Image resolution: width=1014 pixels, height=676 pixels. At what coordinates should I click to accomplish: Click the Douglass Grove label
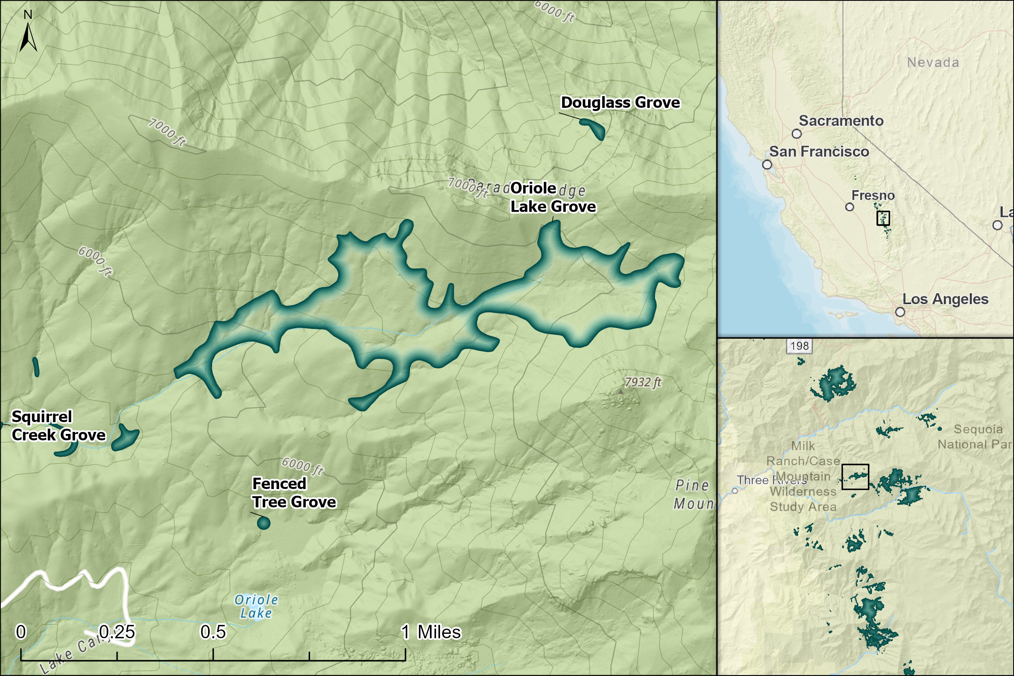point(620,103)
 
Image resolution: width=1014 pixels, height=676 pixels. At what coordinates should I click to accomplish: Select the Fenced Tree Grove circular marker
point(263,523)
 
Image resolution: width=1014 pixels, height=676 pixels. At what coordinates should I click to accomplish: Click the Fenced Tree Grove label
point(294,493)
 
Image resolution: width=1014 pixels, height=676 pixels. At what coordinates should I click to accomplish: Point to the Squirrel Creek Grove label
point(58,425)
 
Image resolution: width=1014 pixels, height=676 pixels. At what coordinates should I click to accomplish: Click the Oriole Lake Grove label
point(553,197)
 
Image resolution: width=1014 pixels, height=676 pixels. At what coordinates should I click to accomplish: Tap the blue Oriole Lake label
point(256,606)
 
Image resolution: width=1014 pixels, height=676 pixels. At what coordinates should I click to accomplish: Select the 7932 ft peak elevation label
point(642,382)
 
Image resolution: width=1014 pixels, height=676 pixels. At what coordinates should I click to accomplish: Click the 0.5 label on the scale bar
point(213,632)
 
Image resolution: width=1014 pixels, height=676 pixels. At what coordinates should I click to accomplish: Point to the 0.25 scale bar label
point(117,632)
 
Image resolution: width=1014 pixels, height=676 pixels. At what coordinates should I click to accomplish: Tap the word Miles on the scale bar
point(439,632)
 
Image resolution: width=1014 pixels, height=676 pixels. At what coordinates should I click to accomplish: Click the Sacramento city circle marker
point(797,134)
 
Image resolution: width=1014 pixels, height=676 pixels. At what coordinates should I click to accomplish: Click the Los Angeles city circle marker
point(900,312)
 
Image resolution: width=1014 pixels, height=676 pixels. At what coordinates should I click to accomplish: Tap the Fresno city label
point(873,195)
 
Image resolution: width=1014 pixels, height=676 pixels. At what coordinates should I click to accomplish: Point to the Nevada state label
point(933,62)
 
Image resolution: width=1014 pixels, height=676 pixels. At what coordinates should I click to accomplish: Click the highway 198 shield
point(800,346)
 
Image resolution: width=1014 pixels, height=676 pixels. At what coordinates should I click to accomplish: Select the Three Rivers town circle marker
point(735,491)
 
